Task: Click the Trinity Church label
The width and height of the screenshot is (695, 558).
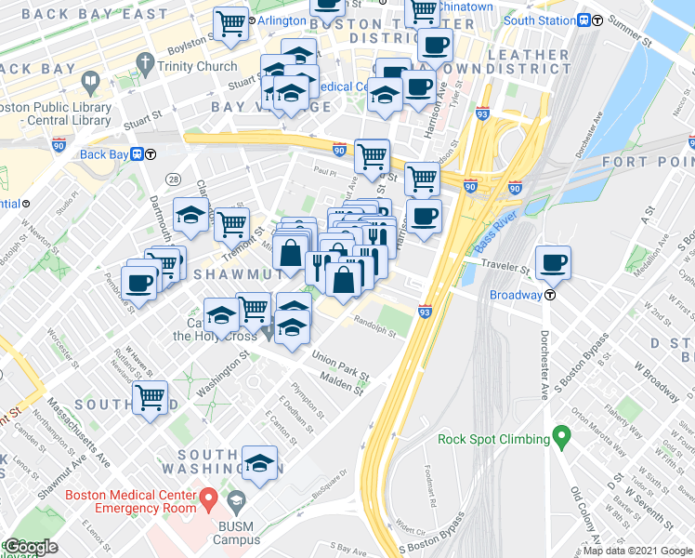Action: pos(197,66)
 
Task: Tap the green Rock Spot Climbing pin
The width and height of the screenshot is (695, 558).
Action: pos(561,435)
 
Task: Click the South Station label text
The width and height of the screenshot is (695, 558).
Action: pos(539,20)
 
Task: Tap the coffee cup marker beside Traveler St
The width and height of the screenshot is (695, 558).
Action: pos(555,263)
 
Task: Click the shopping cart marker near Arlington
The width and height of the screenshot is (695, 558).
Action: pos(230,24)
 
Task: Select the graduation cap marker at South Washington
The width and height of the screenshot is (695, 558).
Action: pos(261,463)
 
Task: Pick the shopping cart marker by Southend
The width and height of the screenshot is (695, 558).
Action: pos(150,398)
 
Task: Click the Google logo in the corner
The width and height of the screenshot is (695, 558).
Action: pos(30,547)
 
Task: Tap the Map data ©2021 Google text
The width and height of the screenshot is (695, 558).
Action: pos(637,550)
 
